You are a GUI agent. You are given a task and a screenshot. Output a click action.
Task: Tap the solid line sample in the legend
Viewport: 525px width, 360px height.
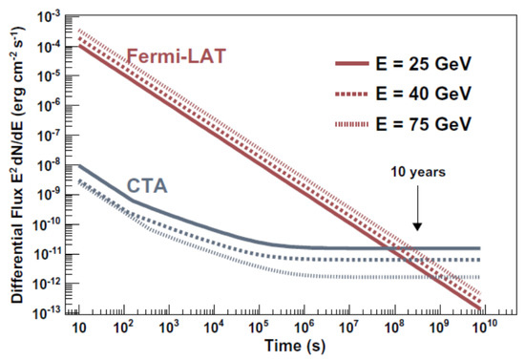click(x=361, y=64)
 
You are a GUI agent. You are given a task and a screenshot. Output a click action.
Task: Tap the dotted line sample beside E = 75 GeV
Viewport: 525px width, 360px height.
click(x=361, y=125)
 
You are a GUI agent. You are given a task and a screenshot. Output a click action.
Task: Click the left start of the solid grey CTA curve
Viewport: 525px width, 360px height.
click(x=79, y=164)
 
